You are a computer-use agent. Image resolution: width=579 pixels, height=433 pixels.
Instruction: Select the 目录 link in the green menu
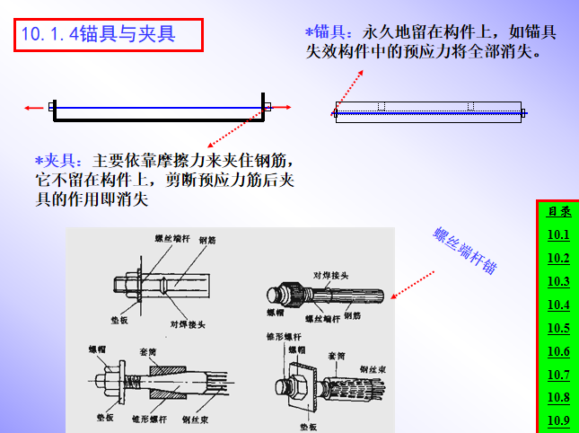click(x=558, y=212)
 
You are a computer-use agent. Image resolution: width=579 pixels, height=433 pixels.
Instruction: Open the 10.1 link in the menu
click(x=558, y=235)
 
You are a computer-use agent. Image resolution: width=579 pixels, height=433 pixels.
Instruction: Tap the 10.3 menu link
click(x=558, y=282)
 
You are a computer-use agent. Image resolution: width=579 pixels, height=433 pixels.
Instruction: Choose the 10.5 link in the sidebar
click(x=558, y=328)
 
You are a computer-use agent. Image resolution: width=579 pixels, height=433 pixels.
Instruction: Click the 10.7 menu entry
click(x=558, y=375)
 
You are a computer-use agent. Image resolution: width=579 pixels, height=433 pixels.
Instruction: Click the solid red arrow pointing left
click(x=34, y=108)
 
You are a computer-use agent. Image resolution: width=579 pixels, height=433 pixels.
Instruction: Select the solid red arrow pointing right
click(x=282, y=108)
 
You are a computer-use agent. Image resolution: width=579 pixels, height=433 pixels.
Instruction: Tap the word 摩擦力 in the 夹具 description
click(x=154, y=161)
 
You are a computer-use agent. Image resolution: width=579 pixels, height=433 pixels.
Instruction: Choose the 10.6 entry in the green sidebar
click(x=558, y=351)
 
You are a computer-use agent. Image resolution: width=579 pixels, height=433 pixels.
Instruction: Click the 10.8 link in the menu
click(x=558, y=398)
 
